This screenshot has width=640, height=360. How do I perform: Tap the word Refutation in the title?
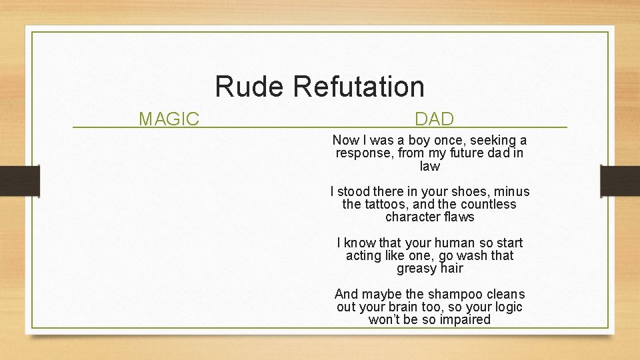click(358, 87)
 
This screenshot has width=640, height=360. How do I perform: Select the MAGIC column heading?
click(169, 119)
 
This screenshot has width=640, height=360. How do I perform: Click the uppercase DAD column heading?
click(434, 119)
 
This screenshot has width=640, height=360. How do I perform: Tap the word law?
click(430, 166)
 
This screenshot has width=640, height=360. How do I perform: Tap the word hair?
click(451, 269)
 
